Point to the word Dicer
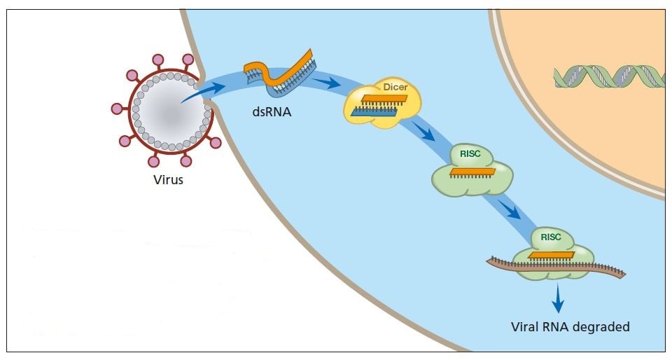coord(395,88)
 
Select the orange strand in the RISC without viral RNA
coord(473,171)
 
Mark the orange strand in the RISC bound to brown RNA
coord(552,255)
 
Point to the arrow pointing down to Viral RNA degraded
coord(559,302)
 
